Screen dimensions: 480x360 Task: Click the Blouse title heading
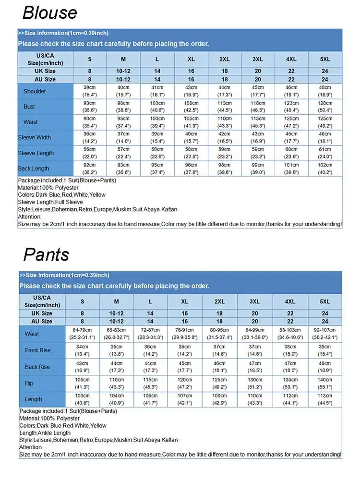tap(49, 12)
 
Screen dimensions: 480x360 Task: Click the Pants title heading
tap(46, 254)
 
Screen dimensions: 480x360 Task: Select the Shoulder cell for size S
tap(90, 91)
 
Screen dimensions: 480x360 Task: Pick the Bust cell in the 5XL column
tap(325, 107)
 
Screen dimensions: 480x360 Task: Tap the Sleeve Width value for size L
tap(157, 138)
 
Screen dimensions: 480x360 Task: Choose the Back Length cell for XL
tap(191, 168)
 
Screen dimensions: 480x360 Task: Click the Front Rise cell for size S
tap(82, 350)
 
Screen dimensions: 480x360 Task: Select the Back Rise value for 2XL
tap(219, 367)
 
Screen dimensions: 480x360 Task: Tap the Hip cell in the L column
tap(150, 383)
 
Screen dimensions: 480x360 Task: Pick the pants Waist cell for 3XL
tap(255, 334)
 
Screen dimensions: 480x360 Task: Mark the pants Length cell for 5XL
tap(325, 399)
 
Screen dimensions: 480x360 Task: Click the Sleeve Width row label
tap(35, 138)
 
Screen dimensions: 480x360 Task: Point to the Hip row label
tap(29, 384)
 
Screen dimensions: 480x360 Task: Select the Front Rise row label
tap(37, 350)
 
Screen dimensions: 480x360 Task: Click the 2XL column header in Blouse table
tap(224, 59)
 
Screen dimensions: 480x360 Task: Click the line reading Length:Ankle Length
tap(46, 432)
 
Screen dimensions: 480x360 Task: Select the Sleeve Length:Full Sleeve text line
tap(50, 202)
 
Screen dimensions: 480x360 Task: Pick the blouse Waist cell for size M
tap(123, 122)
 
